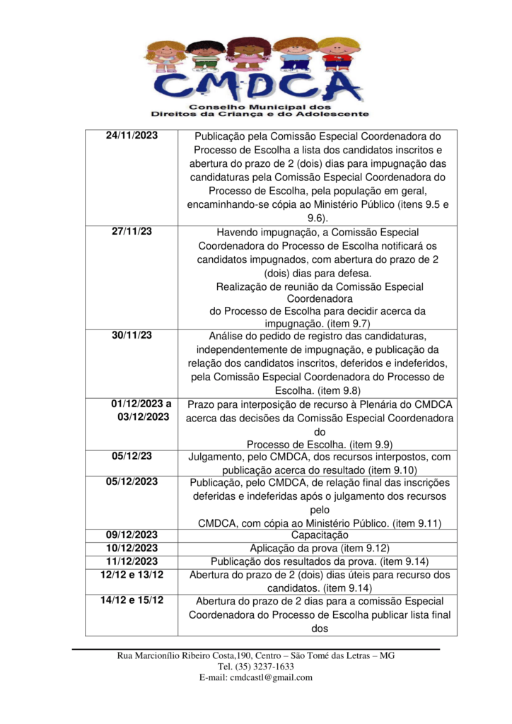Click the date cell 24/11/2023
click(x=132, y=135)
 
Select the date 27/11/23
click(x=132, y=232)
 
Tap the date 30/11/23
click(x=132, y=335)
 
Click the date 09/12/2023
click(x=132, y=535)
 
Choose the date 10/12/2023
click(x=132, y=547)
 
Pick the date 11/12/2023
click(x=132, y=561)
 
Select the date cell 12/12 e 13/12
click(x=132, y=574)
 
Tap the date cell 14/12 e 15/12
click(x=132, y=600)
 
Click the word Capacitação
click(x=320, y=535)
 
